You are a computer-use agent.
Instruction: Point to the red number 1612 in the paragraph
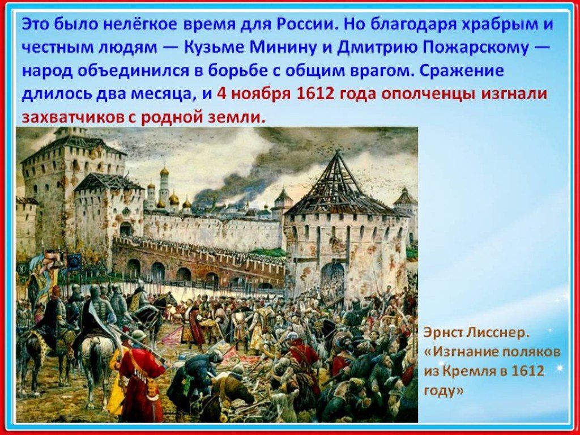point(315,93)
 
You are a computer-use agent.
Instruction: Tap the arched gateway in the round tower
point(332,276)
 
